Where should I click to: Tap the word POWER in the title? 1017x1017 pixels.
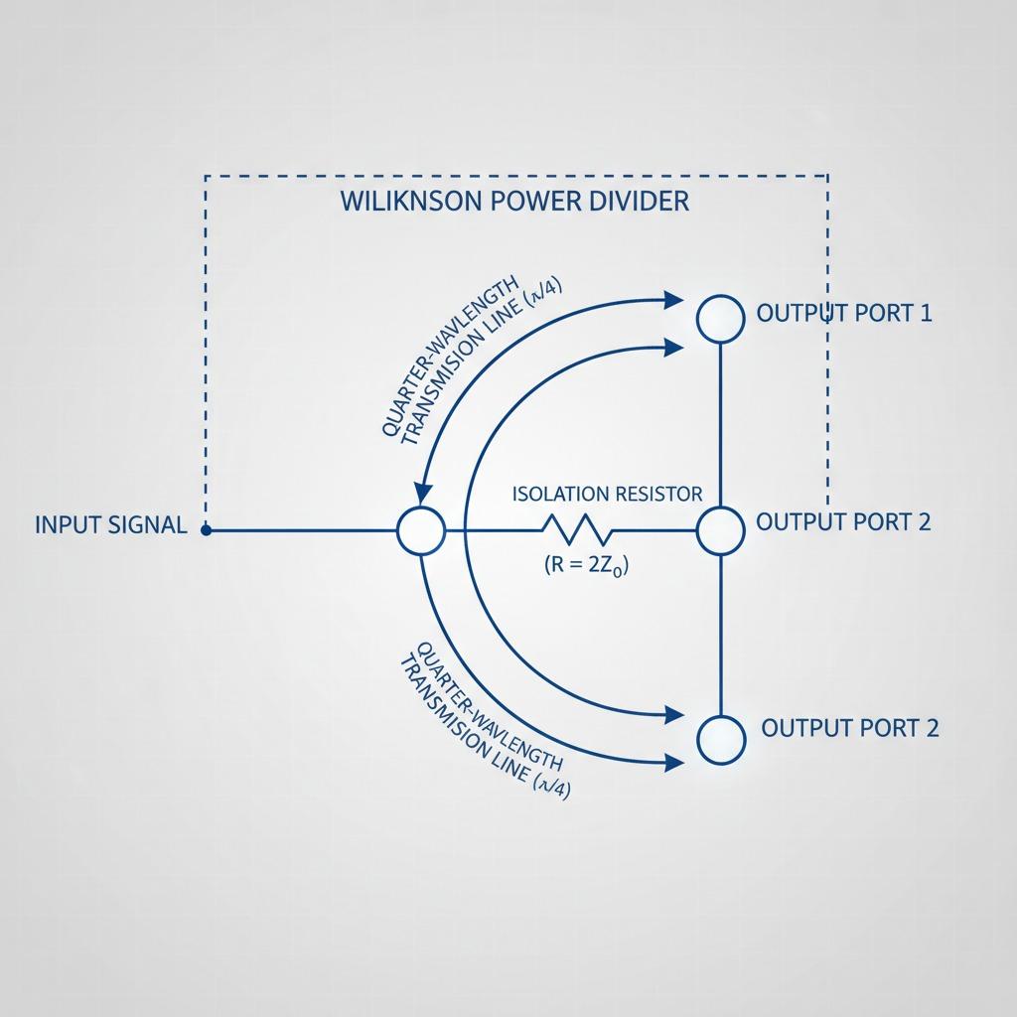532,201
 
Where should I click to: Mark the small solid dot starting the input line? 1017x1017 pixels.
206,530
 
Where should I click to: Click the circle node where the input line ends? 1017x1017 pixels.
421,530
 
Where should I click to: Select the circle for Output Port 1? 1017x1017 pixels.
720,319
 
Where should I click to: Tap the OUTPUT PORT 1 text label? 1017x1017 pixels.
844,314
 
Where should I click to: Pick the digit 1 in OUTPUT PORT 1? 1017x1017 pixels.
925,314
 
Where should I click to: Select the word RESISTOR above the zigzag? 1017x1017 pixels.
658,494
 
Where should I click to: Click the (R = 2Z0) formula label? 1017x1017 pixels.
588,566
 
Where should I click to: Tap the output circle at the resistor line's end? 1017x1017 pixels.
720,530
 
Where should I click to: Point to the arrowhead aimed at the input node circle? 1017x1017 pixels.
422,493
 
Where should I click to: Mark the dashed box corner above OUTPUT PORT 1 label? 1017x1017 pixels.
828,177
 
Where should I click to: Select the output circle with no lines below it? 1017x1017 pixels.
720,740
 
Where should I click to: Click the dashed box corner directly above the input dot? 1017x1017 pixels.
206,177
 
